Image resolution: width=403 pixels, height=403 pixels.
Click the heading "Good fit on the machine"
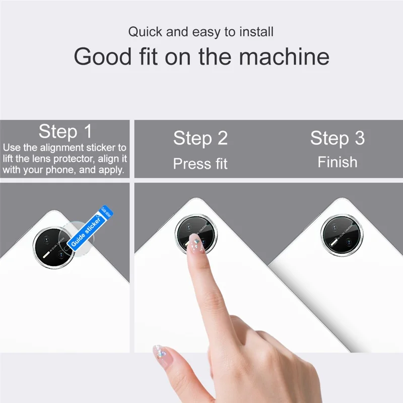point(201,56)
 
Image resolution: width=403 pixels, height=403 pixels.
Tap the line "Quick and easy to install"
point(200,32)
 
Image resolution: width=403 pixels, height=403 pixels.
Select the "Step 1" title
point(65,131)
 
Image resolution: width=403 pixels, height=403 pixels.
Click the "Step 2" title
point(200,138)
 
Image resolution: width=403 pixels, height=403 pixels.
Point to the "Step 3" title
point(337,138)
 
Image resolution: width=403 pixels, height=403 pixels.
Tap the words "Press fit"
point(200,164)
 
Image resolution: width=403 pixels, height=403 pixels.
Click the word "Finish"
point(337,162)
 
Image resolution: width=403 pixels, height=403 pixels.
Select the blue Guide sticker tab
point(91,226)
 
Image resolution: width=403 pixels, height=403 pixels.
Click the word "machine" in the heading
point(285,56)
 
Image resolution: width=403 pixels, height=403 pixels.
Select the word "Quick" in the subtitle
point(146,32)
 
